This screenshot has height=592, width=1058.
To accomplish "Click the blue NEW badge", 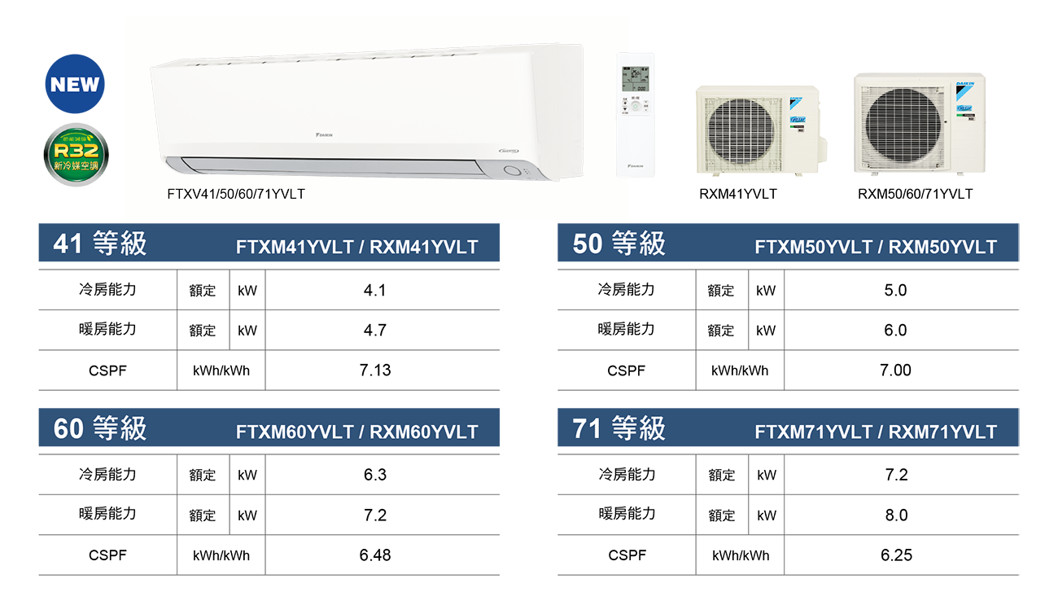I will [x=75, y=85].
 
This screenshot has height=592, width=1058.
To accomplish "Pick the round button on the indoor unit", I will [x=511, y=171].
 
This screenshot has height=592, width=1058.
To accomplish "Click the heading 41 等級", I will [x=99, y=244].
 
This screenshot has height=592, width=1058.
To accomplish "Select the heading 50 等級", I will [x=619, y=244].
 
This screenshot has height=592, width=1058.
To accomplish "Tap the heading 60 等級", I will [x=99, y=428].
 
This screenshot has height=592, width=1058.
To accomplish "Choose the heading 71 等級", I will [x=619, y=428].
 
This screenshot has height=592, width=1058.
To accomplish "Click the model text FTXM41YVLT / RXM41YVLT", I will [x=356, y=247].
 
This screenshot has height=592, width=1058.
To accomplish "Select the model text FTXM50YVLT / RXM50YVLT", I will [x=876, y=247].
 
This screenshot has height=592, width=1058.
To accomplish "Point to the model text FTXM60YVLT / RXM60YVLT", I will [x=356, y=432].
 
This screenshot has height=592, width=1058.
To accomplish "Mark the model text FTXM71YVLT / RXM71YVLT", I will [x=876, y=432].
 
